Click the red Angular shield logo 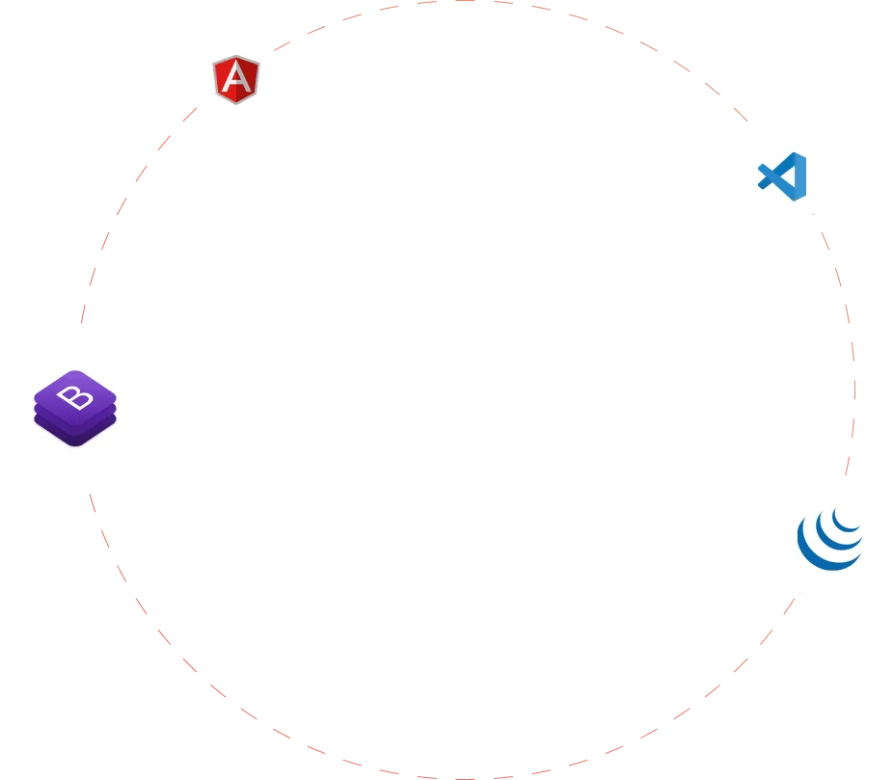tap(235, 80)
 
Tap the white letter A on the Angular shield tap(235, 78)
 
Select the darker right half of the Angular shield tap(248, 80)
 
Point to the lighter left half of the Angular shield tap(225, 80)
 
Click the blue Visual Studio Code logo tap(782, 176)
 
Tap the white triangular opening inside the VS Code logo tap(789, 176)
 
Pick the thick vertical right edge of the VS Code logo tap(800, 176)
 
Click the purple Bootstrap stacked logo tap(75, 408)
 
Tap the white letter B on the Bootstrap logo tap(75, 397)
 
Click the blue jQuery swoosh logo tap(829, 539)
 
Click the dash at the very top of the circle tap(465, 1)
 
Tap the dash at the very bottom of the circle tap(465, 778)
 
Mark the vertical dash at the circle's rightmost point tap(854, 390)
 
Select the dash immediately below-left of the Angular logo tap(190, 115)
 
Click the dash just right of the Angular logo tap(282, 46)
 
